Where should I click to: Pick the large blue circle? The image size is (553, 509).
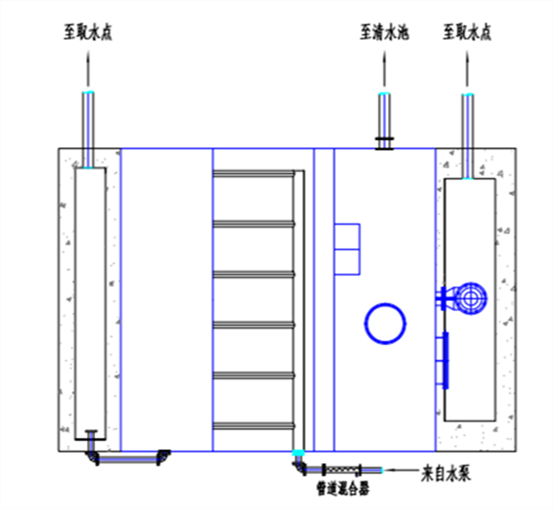pos(384,323)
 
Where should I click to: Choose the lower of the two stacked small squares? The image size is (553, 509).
pos(346,262)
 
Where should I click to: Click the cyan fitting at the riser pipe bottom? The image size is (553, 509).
pos(297,453)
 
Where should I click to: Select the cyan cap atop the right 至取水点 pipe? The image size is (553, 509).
pos(467,95)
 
